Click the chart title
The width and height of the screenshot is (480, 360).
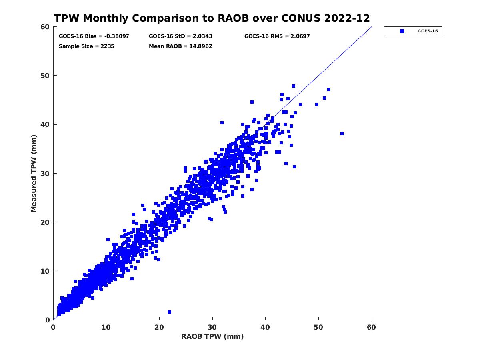(x=212, y=18)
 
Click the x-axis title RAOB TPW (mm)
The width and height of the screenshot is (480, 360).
(x=212, y=336)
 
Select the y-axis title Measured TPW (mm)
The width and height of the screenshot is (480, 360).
(x=34, y=173)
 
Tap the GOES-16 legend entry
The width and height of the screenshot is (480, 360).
(x=413, y=31)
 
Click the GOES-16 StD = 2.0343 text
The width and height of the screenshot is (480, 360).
(x=180, y=36)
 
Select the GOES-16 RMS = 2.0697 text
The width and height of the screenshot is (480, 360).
(x=277, y=36)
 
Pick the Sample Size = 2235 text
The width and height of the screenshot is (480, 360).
(x=86, y=46)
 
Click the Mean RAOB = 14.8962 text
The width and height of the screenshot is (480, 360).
(x=180, y=46)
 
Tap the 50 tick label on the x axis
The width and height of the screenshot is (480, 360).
(x=319, y=328)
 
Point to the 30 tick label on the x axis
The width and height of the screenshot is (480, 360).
(x=212, y=328)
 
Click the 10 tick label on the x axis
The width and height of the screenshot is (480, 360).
(x=106, y=328)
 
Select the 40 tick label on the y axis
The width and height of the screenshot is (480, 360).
(x=45, y=124)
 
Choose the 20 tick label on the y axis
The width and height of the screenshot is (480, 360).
(x=45, y=222)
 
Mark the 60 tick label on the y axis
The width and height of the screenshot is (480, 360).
(x=45, y=27)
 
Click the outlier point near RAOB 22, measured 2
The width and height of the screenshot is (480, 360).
(x=170, y=312)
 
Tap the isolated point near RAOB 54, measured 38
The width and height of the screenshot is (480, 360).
(x=342, y=134)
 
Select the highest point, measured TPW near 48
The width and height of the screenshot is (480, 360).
(x=294, y=86)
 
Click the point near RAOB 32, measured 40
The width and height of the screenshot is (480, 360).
(x=222, y=123)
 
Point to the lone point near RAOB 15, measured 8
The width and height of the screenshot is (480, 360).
(x=132, y=279)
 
